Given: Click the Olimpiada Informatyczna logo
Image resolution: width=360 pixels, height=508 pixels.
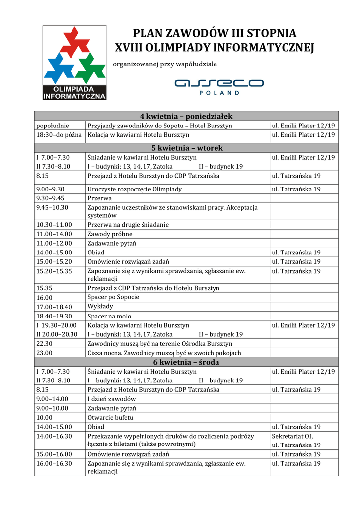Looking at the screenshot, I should [x=74, y=63].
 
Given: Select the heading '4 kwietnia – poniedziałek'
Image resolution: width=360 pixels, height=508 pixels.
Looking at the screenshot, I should [x=186, y=116].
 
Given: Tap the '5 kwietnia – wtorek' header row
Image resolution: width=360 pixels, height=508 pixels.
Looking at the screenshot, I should [x=186, y=148].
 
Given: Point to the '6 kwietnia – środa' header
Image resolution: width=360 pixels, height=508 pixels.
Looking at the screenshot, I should [x=186, y=362].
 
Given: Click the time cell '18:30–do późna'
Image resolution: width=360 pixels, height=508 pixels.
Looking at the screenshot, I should [x=59, y=134].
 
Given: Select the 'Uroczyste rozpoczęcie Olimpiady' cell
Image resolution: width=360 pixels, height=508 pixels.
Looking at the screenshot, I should [x=135, y=189].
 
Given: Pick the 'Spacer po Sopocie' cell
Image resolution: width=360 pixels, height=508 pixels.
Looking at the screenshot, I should [x=113, y=297].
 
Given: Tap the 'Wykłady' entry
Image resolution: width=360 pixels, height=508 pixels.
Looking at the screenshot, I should [x=100, y=307].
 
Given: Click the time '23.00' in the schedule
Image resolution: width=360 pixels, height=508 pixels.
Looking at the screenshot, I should [x=45, y=353].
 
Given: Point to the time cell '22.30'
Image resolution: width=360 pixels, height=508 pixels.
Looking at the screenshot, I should [x=45, y=344].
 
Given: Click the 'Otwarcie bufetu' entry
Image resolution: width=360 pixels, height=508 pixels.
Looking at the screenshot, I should [x=110, y=418].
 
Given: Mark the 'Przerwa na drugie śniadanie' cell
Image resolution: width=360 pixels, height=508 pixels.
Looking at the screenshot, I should [x=128, y=225].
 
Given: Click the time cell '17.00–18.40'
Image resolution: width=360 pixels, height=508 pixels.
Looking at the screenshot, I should [x=54, y=307].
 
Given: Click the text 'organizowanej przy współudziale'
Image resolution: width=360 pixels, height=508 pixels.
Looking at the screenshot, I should [x=165, y=64].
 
